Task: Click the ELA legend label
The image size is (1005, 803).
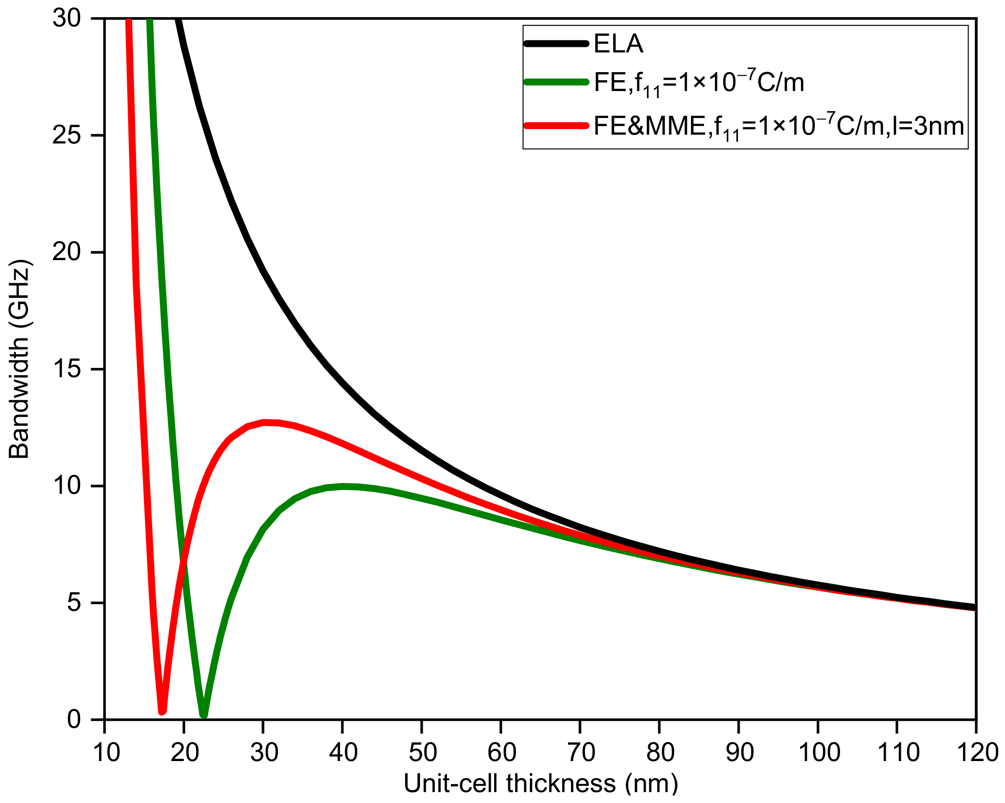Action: [618, 44]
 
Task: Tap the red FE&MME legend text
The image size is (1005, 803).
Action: [778, 126]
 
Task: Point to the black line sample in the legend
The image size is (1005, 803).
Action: [556, 44]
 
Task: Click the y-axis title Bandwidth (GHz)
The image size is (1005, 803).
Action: [19, 359]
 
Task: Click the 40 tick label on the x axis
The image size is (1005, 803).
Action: [343, 752]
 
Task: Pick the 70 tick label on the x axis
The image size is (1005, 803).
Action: [581, 752]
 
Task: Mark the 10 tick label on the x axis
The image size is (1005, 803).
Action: [107, 752]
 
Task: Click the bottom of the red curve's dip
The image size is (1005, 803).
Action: [162, 711]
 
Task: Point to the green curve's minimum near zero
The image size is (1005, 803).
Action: [204, 715]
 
